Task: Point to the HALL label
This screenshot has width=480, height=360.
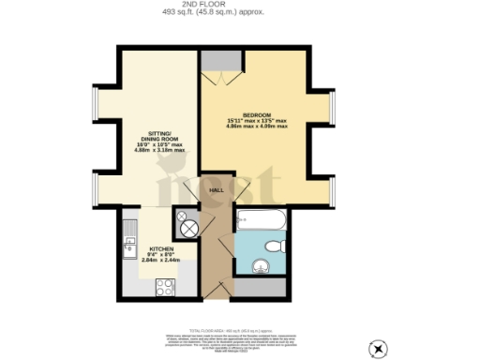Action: click(x=215, y=189)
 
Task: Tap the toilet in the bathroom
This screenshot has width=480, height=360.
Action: click(x=274, y=246)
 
